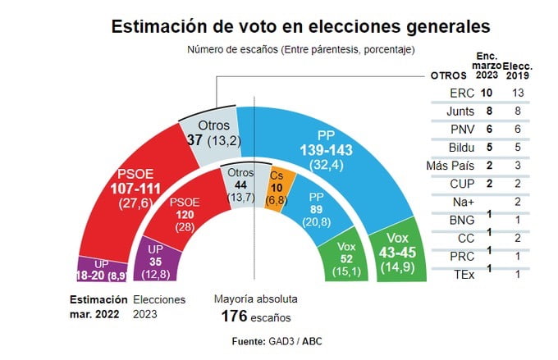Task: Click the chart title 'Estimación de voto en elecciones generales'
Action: click(301, 26)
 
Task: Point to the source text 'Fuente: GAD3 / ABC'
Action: click(278, 339)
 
